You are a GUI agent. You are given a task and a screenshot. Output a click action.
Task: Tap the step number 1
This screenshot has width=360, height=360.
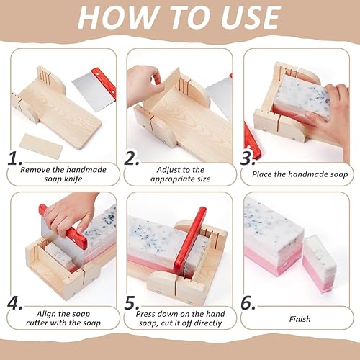[x=14, y=158]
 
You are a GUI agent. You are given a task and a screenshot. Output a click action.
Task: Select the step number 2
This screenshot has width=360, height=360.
[x=132, y=158]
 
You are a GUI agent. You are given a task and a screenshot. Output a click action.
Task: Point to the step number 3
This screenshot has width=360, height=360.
[x=248, y=158]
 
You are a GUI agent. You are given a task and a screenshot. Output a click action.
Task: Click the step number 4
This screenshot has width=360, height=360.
[x=14, y=303]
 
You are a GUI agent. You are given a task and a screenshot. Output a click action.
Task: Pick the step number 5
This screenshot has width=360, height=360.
[x=132, y=303]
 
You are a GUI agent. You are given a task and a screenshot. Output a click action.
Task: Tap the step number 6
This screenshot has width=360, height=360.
[x=248, y=303]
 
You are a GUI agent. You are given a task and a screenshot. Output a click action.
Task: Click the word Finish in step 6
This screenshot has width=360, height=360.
[x=300, y=319]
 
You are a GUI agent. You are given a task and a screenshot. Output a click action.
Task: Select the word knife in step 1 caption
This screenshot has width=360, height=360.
[x=73, y=179]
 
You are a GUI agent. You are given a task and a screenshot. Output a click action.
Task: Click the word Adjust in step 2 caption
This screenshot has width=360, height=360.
[x=167, y=170]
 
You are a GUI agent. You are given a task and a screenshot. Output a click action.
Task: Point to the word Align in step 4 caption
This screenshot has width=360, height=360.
[x=46, y=314]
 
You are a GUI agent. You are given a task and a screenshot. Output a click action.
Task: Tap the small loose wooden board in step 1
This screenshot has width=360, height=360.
[x=42, y=145]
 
